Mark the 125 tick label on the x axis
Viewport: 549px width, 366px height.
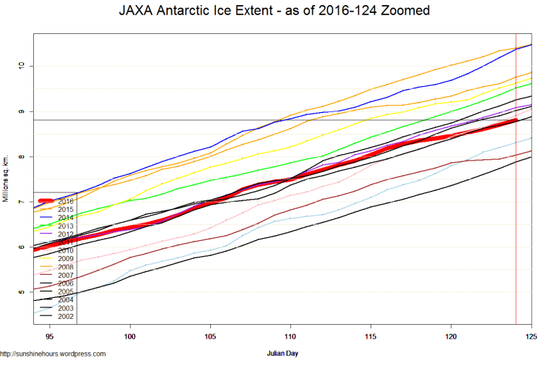[531, 336]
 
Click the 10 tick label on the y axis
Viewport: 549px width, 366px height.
[22, 66]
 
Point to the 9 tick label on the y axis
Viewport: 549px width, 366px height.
[22, 111]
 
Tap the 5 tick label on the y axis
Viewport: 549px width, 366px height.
[22, 292]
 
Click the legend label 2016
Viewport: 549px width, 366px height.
[66, 200]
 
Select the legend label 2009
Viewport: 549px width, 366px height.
[66, 258]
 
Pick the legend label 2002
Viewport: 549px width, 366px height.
[66, 316]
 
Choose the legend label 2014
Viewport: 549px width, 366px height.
[66, 217]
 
